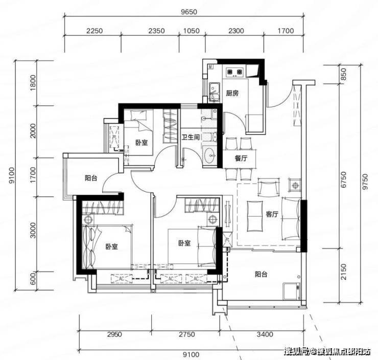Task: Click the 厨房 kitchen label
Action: pos(232,93)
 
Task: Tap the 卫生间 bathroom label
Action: pos(191,137)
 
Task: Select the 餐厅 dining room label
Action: pos(241,159)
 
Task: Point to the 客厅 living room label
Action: pos(272,214)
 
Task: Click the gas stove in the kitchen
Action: pos(234,72)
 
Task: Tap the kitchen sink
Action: pos(214,92)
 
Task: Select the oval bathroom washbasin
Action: pos(210,155)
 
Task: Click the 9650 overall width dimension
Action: pos(189,12)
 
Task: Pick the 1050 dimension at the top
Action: pos(192,31)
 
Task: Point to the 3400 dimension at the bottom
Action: pos(265,334)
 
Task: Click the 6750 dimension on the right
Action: pos(344,179)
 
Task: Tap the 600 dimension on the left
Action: pos(33,278)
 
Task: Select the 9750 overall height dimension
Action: pos(365,182)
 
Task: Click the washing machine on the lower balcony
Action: pos(292,291)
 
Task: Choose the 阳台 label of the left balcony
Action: pos(91,178)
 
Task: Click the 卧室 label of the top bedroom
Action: pos(141,143)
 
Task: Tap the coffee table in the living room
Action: pos(255,216)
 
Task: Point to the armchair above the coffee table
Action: pos(269,187)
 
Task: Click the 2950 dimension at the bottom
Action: pos(114,334)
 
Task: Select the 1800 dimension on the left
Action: pos(33,83)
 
